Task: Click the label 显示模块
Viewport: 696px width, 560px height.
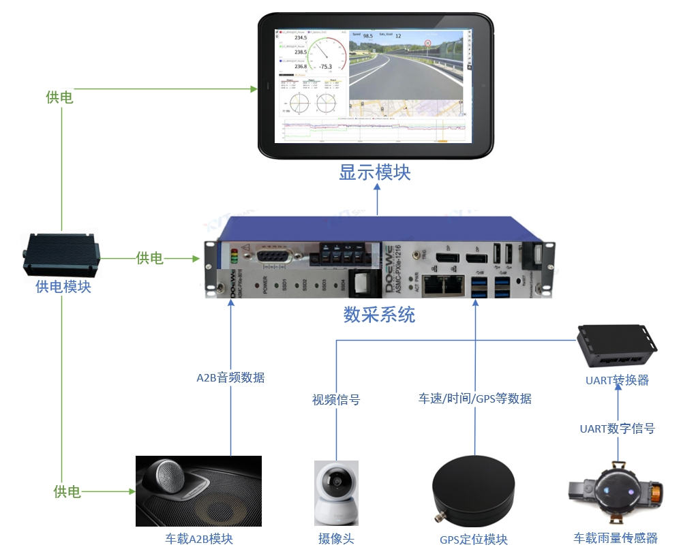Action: coord(375,172)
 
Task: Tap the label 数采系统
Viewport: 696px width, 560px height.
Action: coord(379,315)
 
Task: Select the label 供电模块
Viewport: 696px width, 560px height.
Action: coord(63,287)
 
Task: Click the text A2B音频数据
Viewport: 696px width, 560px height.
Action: coord(230,377)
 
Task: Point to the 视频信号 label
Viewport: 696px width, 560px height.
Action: coord(336,400)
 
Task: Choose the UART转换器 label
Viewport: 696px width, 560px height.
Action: coord(617,380)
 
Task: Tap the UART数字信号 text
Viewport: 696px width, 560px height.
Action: coord(617,429)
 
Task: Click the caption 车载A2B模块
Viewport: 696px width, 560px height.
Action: coord(199,539)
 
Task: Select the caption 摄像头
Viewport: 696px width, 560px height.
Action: coord(336,539)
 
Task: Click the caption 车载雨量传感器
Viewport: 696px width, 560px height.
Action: coord(616,538)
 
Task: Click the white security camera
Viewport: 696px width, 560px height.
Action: coord(336,493)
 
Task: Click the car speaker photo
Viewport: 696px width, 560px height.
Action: coord(198,491)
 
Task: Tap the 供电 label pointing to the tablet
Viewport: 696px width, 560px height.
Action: coord(60,97)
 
